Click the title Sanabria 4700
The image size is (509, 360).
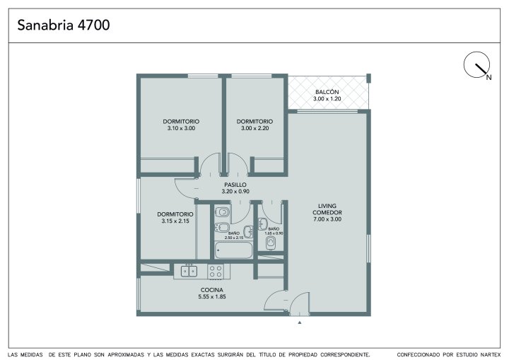[64, 25]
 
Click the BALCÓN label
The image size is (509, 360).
[327, 92]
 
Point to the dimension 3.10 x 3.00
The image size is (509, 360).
[181, 128]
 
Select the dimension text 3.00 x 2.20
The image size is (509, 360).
[255, 128]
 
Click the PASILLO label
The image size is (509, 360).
[235, 185]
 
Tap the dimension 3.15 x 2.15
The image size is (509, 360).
[175, 221]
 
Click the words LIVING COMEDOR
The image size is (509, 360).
[327, 209]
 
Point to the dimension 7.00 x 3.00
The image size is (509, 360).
[327, 219]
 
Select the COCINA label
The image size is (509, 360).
[212, 290]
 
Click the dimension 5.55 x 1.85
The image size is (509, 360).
[212, 296]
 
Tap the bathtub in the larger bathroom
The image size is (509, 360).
[233, 250]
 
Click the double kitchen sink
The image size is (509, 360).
[189, 271]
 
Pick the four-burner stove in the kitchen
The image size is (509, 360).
[216, 272]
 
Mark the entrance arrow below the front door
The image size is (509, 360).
[300, 323]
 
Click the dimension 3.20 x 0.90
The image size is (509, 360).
[235, 192]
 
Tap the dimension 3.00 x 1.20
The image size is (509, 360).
[327, 99]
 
